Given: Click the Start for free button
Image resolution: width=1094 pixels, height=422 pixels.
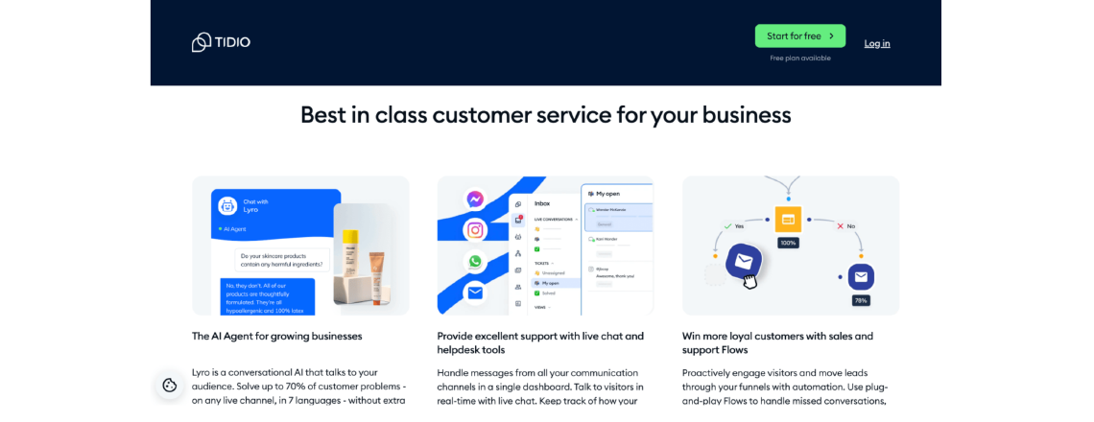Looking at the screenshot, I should point(799,36).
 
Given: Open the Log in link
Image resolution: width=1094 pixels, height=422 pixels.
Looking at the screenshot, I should point(876,43).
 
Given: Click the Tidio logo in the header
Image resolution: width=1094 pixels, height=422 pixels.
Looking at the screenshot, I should point(221,42).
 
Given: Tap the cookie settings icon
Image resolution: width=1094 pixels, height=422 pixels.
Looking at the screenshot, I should point(170,385).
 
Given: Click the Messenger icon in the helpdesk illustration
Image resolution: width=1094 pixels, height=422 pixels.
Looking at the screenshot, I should point(474,199).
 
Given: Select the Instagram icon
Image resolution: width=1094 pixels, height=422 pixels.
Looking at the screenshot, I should point(474,230).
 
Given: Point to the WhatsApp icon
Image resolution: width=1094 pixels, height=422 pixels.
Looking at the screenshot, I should point(474,261).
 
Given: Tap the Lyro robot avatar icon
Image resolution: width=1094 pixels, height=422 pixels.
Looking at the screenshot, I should point(227,205).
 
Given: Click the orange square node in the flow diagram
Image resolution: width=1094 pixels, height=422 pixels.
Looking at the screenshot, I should point(788,220).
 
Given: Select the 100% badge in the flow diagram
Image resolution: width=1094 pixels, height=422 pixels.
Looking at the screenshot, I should point(788,243).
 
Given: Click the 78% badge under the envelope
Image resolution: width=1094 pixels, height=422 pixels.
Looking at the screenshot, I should point(861,300).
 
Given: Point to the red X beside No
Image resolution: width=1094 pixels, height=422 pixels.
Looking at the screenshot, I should point(840,226).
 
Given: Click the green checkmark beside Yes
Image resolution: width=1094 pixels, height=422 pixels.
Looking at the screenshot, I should point(727,226).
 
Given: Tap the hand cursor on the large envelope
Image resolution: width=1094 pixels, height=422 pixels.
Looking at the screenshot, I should point(749,281).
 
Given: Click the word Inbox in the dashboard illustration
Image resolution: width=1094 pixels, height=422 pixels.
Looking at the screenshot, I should point(542,203).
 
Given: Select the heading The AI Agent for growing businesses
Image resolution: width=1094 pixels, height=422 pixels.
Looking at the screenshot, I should point(276,337).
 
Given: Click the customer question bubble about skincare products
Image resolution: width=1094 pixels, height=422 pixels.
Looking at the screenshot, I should point(282,260).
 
